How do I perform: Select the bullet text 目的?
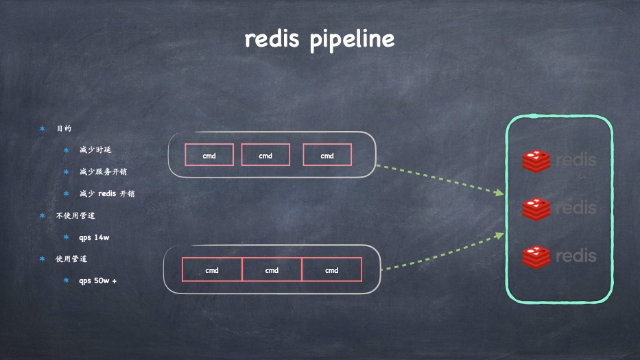(64, 128)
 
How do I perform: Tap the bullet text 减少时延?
(95, 149)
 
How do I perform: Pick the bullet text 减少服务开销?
(103, 171)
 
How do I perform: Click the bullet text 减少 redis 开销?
(107, 193)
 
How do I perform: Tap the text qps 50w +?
(97, 280)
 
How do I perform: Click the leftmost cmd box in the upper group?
(209, 155)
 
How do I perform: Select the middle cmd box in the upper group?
(265, 155)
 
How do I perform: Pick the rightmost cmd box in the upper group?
(327, 155)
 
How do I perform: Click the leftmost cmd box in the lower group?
(212, 269)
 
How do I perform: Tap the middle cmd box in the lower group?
(272, 269)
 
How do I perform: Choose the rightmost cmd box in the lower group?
(331, 269)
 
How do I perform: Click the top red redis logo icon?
(536, 160)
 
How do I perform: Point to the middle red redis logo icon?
(536, 208)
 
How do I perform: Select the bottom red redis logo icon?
(536, 256)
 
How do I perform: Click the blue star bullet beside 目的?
(42, 128)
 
